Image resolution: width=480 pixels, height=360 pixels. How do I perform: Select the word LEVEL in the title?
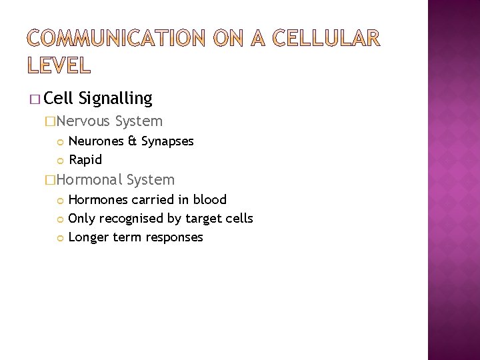tap(59, 65)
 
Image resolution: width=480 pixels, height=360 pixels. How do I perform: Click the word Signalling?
tap(115, 99)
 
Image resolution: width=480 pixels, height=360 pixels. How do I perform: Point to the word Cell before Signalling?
tap(59, 99)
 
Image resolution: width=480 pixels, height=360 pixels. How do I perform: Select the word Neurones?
tap(95, 141)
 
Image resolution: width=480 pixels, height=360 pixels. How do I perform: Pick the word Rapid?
tap(85, 160)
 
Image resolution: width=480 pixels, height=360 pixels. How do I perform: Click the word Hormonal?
tap(89, 180)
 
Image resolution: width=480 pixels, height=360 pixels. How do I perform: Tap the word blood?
tap(210, 199)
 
